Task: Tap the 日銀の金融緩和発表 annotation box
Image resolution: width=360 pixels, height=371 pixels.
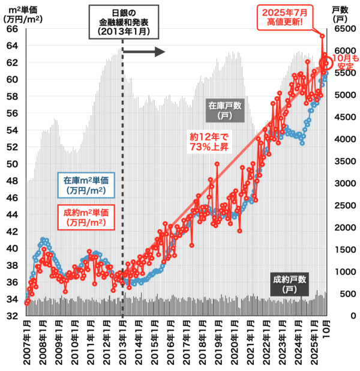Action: [124, 23]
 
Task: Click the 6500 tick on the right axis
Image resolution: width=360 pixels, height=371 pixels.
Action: [342, 29]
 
